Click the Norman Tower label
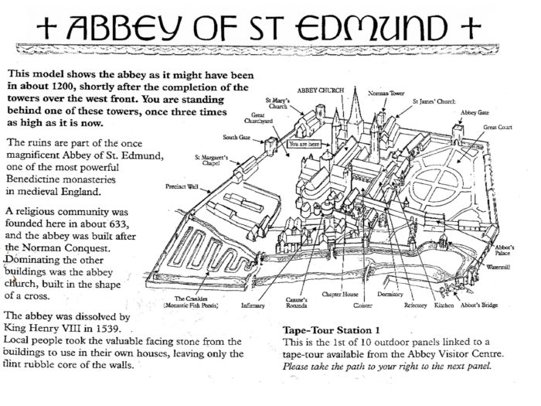pos(386,94)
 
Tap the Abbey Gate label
pos(475,113)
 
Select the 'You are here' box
pos(304,144)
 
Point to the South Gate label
pos(236,137)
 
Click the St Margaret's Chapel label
pos(211,160)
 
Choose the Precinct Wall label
pos(182,187)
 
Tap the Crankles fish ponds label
pos(191,302)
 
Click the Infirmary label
pos(253,305)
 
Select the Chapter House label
pos(340,294)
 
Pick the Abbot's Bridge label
pos(479,305)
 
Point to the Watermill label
pos(498,267)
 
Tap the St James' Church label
pos(434,101)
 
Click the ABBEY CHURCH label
pos(321,90)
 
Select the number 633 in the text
pos(118,223)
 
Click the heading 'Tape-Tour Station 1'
pos(332,330)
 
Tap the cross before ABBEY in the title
pos(46,28)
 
